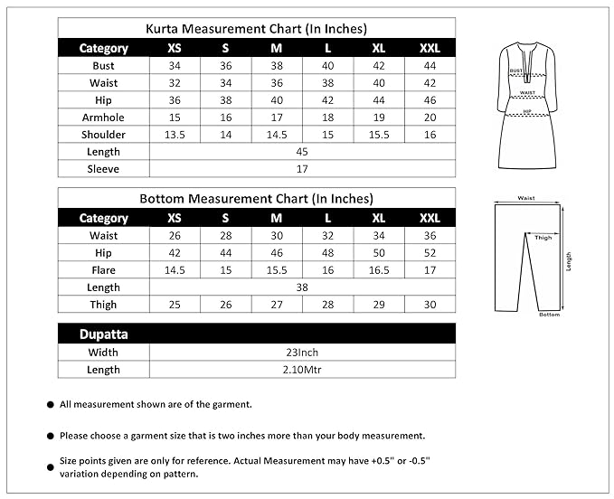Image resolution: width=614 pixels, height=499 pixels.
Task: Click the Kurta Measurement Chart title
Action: (x=257, y=29)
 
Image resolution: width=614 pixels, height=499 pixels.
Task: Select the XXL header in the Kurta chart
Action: (x=430, y=48)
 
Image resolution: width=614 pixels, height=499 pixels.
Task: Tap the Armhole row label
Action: (x=103, y=118)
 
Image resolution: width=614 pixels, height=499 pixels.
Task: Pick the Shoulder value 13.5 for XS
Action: (x=175, y=135)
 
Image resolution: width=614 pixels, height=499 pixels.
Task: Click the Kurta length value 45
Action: (x=302, y=152)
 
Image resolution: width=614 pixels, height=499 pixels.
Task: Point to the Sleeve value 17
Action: (x=302, y=169)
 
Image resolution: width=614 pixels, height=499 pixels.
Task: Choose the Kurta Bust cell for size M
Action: (x=277, y=66)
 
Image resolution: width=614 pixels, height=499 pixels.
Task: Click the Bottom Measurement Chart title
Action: (x=257, y=199)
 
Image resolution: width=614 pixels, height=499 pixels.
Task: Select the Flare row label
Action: (x=103, y=270)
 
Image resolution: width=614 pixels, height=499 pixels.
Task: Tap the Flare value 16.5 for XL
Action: (x=379, y=270)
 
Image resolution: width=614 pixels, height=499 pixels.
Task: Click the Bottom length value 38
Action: (x=302, y=287)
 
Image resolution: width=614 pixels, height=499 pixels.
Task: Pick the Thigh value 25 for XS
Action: (x=175, y=305)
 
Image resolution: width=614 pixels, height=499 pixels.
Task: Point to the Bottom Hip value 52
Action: (x=430, y=253)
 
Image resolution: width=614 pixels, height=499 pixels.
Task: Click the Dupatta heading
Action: (x=103, y=334)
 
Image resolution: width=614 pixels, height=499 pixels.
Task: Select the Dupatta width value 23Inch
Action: (x=302, y=352)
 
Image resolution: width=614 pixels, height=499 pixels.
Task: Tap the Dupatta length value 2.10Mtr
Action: (x=302, y=370)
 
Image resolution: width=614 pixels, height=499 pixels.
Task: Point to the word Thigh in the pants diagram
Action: (x=543, y=238)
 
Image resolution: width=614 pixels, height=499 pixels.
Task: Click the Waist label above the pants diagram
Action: (x=525, y=198)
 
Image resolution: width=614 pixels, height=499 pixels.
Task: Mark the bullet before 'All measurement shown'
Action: (x=49, y=405)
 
